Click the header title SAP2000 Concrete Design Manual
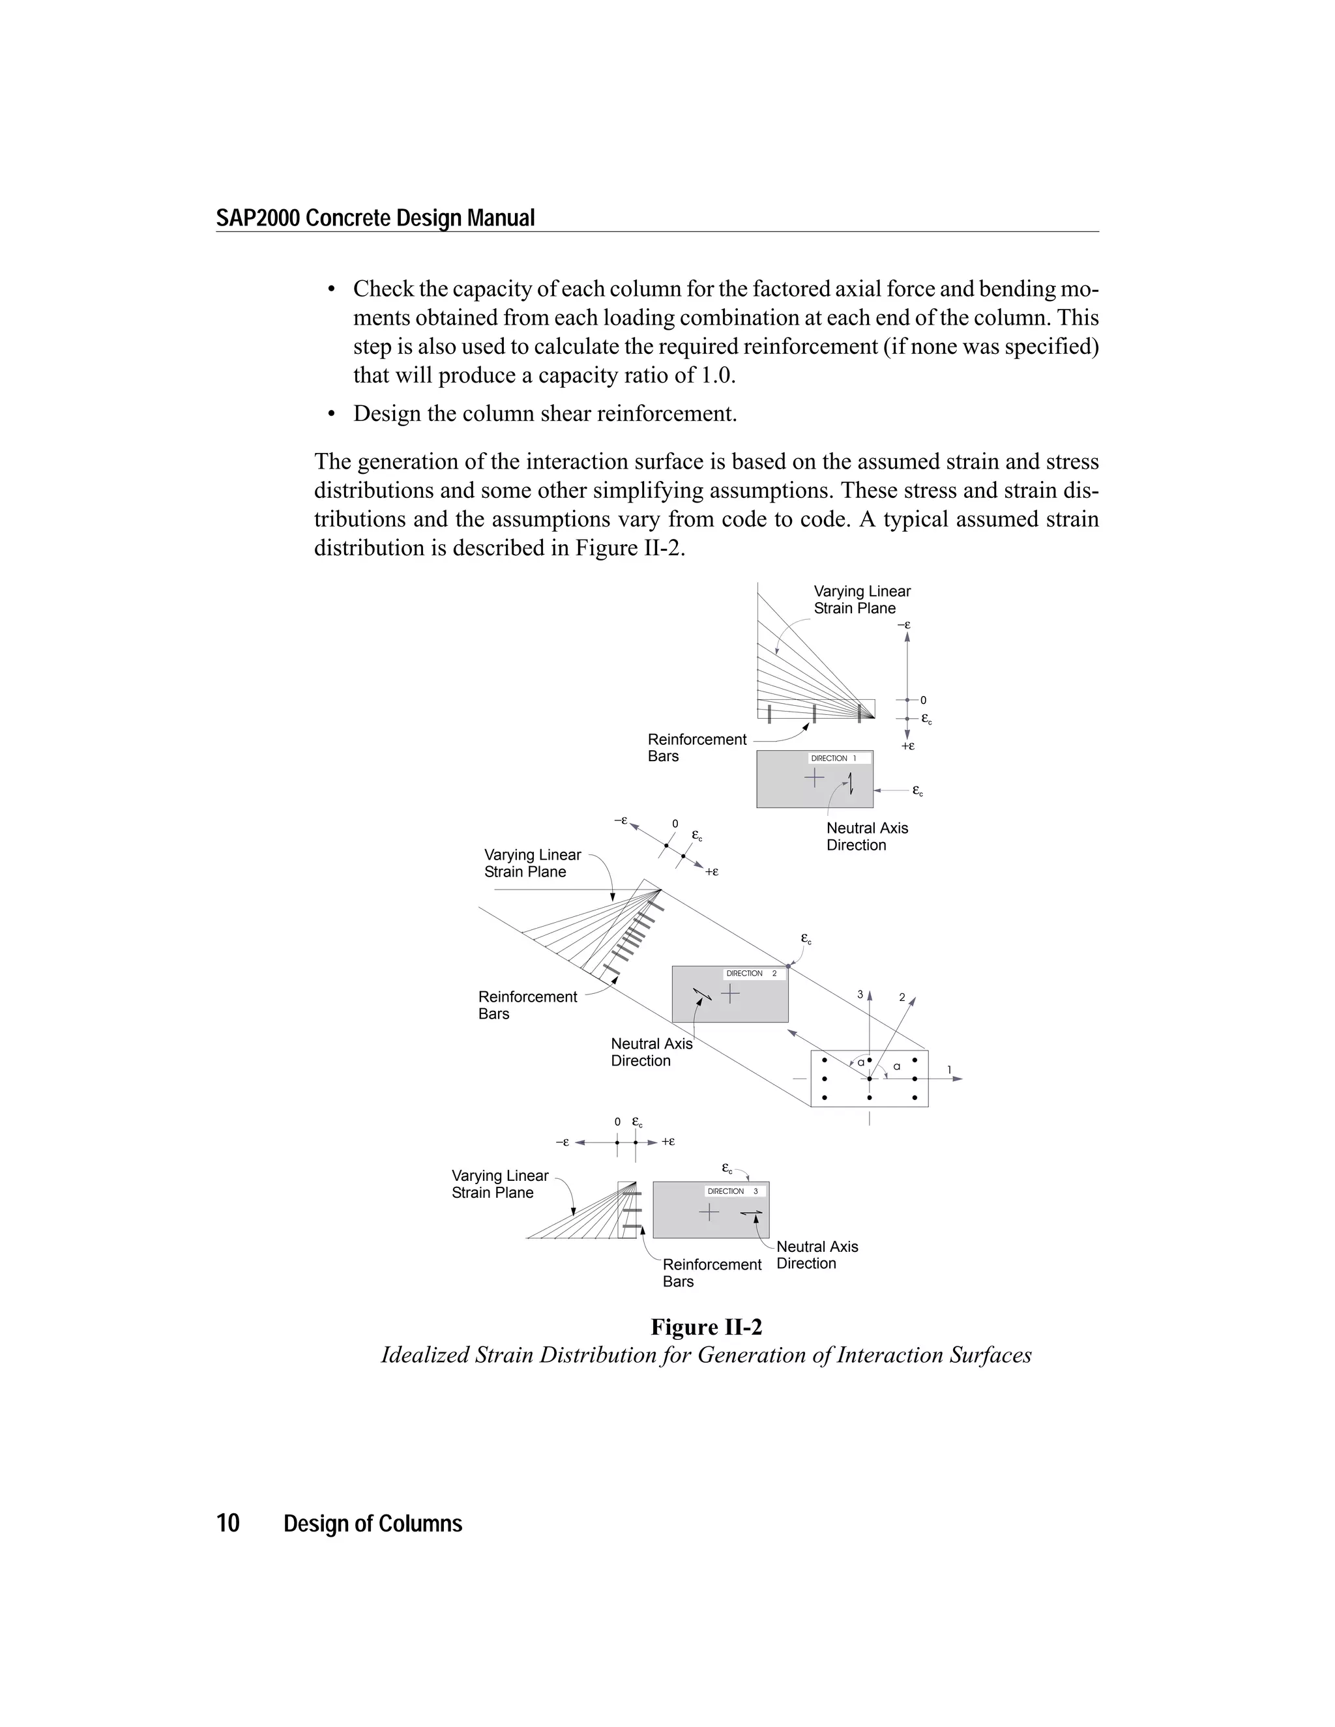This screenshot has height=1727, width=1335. point(375,218)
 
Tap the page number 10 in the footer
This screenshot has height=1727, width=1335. point(227,1523)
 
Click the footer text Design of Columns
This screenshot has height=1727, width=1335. point(372,1524)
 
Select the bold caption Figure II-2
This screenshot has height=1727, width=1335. point(705,1327)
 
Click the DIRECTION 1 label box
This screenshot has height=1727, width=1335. point(839,759)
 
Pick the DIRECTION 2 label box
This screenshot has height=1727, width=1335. point(754,974)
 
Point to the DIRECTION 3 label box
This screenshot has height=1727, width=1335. point(735,1191)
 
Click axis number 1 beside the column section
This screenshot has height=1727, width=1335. point(950,1070)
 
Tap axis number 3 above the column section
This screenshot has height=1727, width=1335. point(860,994)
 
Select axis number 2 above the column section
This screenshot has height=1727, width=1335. point(902,998)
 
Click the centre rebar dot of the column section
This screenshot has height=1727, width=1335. point(869,1079)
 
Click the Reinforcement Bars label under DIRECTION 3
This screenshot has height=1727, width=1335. point(711,1272)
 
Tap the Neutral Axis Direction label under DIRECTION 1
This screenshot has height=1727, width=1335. point(867,837)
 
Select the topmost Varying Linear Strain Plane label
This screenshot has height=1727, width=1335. point(861,600)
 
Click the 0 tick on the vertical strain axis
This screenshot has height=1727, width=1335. point(923,700)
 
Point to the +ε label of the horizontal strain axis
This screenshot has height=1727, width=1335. point(668,1141)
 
